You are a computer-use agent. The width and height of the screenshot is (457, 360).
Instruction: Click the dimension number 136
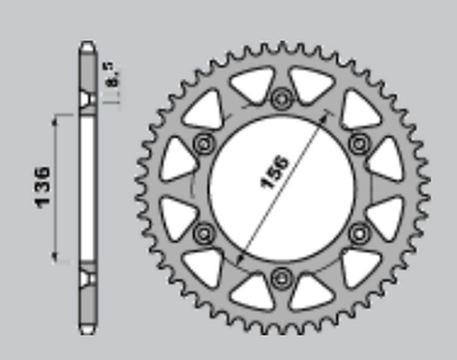[x=42, y=187]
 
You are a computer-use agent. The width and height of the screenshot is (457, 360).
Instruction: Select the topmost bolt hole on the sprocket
[x=281, y=99]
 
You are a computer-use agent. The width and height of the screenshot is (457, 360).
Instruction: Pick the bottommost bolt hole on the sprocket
[x=281, y=279]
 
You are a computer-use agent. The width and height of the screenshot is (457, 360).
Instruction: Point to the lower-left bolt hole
[x=204, y=233]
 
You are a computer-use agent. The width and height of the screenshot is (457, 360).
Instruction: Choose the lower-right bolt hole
[x=359, y=233]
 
